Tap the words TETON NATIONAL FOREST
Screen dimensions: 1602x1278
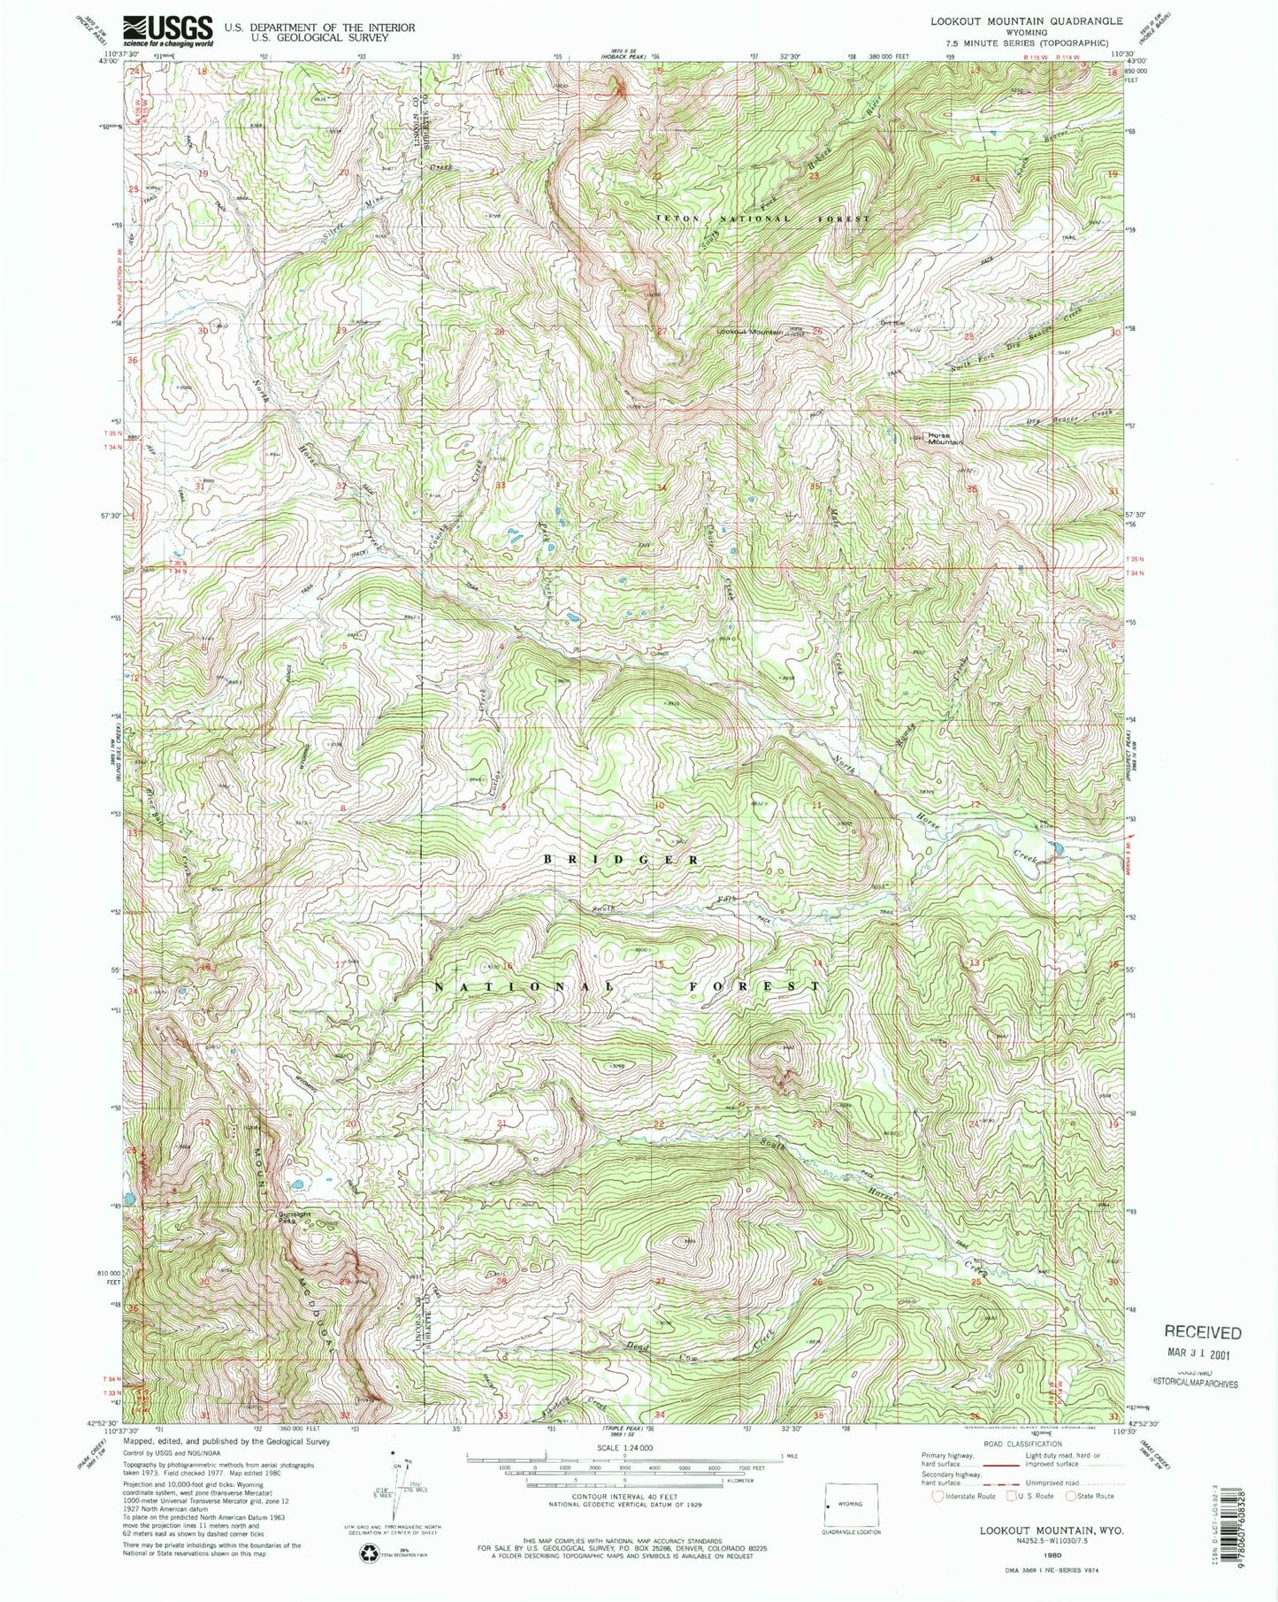click(761, 218)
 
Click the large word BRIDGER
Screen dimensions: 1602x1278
click(622, 859)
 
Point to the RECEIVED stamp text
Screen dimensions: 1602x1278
click(1202, 1332)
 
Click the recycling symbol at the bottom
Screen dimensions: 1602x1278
click(368, 1560)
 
